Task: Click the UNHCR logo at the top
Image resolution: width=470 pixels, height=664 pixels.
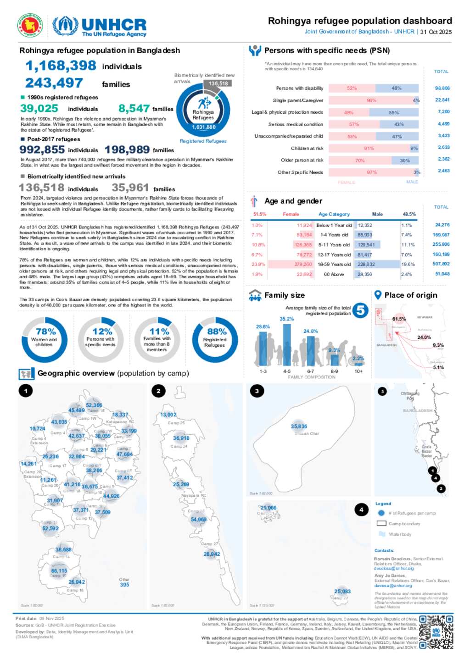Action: pyautogui.click(x=100, y=27)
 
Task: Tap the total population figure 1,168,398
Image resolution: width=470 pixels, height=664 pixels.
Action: pyautogui.click(x=61, y=66)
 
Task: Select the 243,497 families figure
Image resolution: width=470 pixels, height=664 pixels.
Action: pyautogui.click(x=54, y=83)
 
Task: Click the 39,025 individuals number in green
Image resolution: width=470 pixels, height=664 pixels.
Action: pyautogui.click(x=39, y=109)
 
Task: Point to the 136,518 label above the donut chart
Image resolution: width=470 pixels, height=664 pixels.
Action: pyautogui.click(x=218, y=83)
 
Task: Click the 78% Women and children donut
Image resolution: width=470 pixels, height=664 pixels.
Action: pyautogui.click(x=45, y=339)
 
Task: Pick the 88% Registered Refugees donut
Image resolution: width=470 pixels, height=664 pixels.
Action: pyautogui.click(x=215, y=339)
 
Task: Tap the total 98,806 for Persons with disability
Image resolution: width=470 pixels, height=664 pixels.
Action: pyautogui.click(x=442, y=88)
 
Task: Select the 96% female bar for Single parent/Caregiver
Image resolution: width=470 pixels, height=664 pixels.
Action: pyautogui.click(x=371, y=100)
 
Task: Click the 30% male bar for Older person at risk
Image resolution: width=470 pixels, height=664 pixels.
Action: pyautogui.click(x=405, y=160)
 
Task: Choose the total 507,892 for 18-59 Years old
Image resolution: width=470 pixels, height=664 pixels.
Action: pyautogui.click(x=441, y=264)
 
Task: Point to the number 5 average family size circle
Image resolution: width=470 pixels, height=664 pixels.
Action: pyautogui.click(x=361, y=310)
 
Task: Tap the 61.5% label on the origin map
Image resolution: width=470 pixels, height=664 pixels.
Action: pyautogui.click(x=399, y=319)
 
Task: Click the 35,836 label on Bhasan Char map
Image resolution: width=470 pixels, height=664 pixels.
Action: pyautogui.click(x=299, y=426)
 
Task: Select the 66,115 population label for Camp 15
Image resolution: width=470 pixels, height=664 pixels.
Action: pyautogui.click(x=59, y=571)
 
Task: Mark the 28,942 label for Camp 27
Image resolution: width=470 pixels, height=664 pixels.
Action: pyautogui.click(x=212, y=554)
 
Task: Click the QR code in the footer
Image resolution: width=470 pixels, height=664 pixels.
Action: pyautogui.click(x=436, y=632)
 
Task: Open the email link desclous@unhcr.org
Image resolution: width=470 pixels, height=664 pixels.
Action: pyautogui.click(x=393, y=568)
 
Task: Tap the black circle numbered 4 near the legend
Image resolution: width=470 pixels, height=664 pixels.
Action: pyautogui.click(x=361, y=509)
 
